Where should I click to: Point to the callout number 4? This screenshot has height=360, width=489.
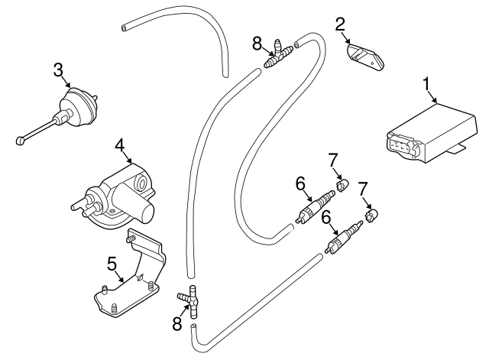coord(119,144)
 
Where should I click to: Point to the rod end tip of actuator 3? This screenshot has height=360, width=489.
coord(21,140)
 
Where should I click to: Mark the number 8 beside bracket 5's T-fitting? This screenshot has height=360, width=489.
coord(177,324)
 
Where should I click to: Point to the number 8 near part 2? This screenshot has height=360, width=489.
coord(257,43)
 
